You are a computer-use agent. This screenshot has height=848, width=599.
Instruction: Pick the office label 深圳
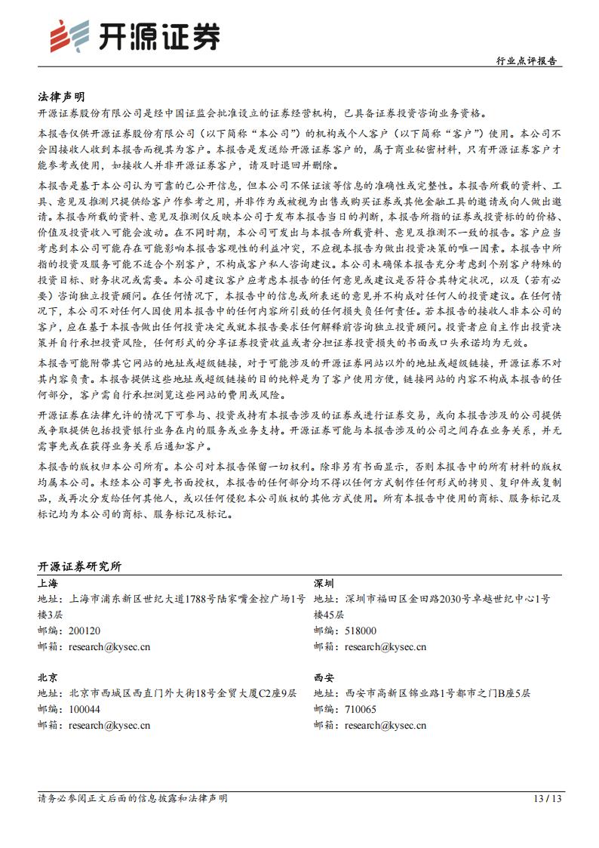324,583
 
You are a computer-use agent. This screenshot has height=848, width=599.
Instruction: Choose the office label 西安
324,677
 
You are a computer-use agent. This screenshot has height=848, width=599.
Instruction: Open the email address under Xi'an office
386,725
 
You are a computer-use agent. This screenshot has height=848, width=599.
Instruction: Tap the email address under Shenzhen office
386,646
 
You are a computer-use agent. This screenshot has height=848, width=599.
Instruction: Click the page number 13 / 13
548,798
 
